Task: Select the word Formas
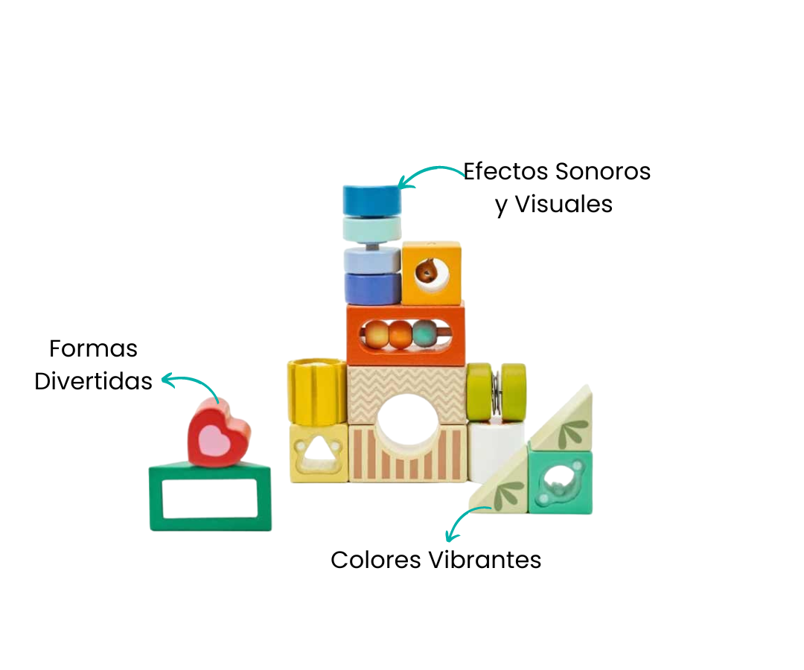click(94, 348)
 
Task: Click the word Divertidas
click(94, 381)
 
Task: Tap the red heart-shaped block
click(218, 433)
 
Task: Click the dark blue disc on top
click(372, 200)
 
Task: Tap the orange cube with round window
click(431, 272)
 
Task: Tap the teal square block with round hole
click(560, 482)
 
